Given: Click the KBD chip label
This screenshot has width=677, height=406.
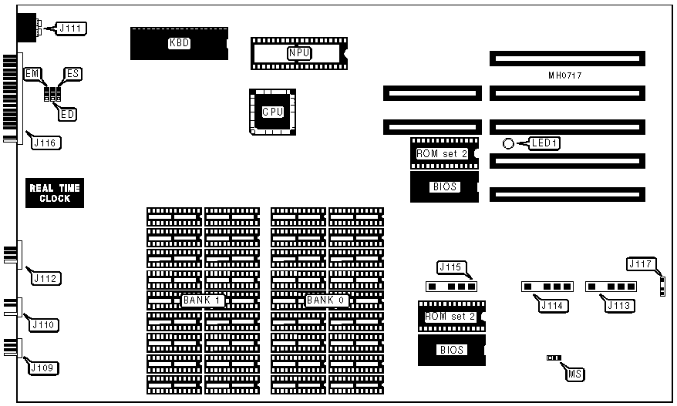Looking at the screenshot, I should (x=179, y=44).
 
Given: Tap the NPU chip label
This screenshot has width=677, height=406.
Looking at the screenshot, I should (x=298, y=53).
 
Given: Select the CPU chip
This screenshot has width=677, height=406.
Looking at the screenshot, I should (x=273, y=112).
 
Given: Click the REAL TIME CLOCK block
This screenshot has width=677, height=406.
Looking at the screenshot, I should (x=55, y=193).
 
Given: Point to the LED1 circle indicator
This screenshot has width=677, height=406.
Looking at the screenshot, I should (x=507, y=143).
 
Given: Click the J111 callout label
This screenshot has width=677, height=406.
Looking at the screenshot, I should (x=70, y=29).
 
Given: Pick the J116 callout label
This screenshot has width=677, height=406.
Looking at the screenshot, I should (x=45, y=143).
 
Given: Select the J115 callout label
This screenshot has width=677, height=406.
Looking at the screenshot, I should (x=450, y=267).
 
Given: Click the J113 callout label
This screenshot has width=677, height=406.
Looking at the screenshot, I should (x=619, y=306).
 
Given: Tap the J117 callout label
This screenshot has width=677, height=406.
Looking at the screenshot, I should (x=642, y=264).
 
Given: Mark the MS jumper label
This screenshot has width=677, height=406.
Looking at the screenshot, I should (x=574, y=374).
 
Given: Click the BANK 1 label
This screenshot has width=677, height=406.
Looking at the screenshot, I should (x=203, y=300).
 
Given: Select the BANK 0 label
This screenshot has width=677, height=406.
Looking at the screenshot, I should (x=327, y=300).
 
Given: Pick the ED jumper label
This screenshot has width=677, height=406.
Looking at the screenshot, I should (x=68, y=115).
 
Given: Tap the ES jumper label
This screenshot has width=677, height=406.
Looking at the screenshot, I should (x=73, y=73).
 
